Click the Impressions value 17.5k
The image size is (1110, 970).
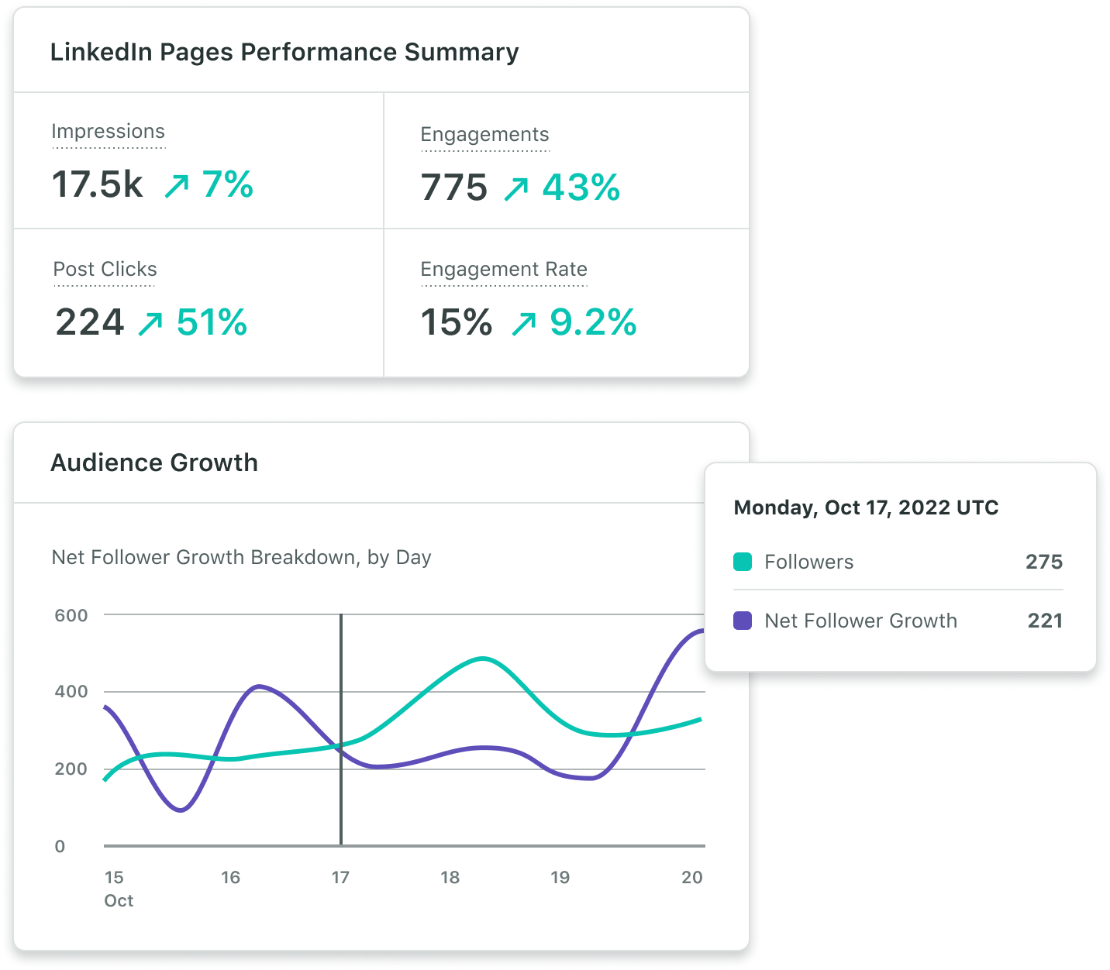pos(98,185)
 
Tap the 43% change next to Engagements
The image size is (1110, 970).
pos(581,187)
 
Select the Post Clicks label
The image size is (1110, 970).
pos(105,270)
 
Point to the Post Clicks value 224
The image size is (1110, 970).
pos(90,322)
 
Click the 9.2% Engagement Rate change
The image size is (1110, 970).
pos(593,322)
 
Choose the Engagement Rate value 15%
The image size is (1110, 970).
pos(457,322)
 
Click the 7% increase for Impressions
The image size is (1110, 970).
pos(227,184)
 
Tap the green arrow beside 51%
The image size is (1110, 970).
pos(150,324)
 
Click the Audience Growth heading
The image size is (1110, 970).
pos(154,463)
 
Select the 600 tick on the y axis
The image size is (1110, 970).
pos(71,616)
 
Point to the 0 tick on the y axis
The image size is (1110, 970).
pos(60,847)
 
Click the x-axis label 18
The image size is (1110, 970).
pos(450,878)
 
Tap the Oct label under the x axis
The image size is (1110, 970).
pos(119,901)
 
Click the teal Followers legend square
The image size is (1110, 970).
pos(743,562)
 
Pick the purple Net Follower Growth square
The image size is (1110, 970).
pos(743,621)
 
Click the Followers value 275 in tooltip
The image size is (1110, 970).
pos(1043,562)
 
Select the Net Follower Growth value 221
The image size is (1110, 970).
pos(1044,621)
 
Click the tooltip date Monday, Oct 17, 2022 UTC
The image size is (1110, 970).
pos(866,507)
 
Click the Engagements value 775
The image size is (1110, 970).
pos(454,187)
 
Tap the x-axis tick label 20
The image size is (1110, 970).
pos(692,878)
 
